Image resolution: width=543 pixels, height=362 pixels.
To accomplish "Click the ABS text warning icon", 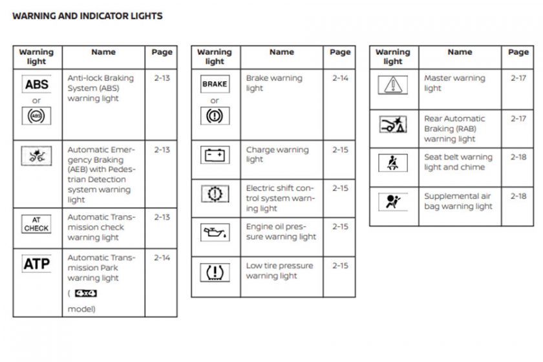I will pyautogui.click(x=37, y=85).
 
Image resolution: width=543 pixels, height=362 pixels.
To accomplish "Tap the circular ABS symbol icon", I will pyautogui.click(x=37, y=117).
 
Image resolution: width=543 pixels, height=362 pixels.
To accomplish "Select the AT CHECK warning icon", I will pyautogui.click(x=37, y=224).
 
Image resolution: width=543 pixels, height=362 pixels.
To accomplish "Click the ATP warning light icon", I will pyautogui.click(x=37, y=264).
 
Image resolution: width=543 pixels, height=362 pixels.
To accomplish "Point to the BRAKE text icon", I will pyautogui.click(x=215, y=85).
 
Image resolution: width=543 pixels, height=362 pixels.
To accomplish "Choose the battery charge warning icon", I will pyautogui.click(x=215, y=155).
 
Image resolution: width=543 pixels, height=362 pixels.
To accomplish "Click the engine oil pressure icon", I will pyautogui.click(x=215, y=231).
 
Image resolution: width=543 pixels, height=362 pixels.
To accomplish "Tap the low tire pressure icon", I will pyautogui.click(x=215, y=271).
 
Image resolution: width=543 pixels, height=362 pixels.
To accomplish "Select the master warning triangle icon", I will pyautogui.click(x=393, y=85).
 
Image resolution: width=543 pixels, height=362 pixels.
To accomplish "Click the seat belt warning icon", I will pyautogui.click(x=393, y=162).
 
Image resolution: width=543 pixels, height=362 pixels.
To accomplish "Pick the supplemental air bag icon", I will pyautogui.click(x=393, y=202).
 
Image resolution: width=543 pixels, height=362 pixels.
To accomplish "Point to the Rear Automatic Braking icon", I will pyautogui.click(x=393, y=125).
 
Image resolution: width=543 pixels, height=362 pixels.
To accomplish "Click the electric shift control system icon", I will pyautogui.click(x=215, y=194).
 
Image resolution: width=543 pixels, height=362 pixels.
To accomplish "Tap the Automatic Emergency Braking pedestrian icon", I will pyautogui.click(x=37, y=155).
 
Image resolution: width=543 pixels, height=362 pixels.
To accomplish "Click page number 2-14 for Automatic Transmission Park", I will pyautogui.click(x=162, y=257).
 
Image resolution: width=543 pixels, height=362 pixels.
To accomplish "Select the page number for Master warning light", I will pyautogui.click(x=518, y=78).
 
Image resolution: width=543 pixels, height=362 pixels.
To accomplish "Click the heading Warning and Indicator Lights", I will pyautogui.click(x=87, y=16).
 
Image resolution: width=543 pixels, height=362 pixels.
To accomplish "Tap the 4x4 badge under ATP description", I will pyautogui.click(x=86, y=293).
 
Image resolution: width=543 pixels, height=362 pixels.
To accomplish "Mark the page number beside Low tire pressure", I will pyautogui.click(x=340, y=266).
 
